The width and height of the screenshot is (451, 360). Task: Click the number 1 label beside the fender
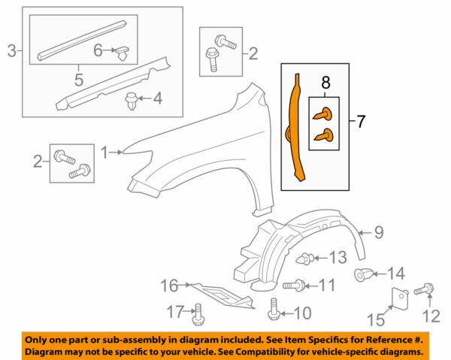105,152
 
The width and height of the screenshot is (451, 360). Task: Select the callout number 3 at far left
11,51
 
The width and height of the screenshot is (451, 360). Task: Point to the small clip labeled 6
122,52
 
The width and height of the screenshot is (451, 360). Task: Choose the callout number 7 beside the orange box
362,119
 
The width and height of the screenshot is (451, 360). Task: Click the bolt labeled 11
296,285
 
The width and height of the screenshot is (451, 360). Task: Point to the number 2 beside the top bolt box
253,53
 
